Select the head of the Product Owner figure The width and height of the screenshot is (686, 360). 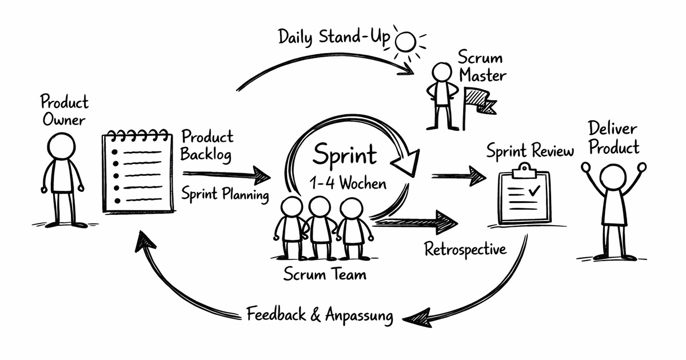(x=61, y=146)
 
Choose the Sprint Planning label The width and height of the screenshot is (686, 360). (x=225, y=194)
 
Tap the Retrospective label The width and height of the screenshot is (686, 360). (x=465, y=250)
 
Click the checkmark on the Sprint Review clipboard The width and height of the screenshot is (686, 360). (x=535, y=191)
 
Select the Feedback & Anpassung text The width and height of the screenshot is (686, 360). (x=320, y=315)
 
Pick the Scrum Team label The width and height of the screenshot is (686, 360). (x=325, y=274)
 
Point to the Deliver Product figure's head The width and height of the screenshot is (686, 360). (x=613, y=176)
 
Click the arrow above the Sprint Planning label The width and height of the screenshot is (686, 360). (x=227, y=174)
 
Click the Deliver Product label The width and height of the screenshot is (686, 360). (x=613, y=138)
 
